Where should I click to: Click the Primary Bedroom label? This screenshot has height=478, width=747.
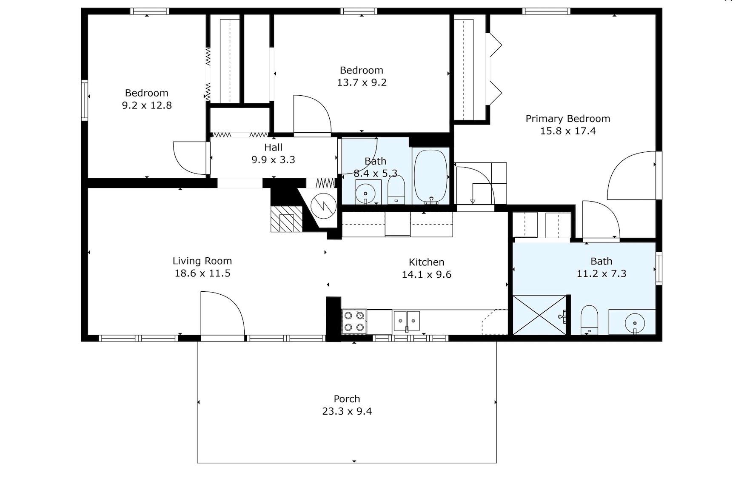tap(567, 119)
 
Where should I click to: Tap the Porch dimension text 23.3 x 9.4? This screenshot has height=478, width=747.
tap(347, 411)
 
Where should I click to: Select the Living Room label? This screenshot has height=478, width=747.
tap(202, 261)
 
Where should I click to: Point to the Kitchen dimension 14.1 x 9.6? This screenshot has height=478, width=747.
tap(427, 275)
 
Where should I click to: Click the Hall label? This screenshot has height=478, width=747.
tap(273, 148)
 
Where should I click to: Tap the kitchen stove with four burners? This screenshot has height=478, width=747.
tap(354, 322)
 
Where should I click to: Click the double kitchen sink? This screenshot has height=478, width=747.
tap(407, 321)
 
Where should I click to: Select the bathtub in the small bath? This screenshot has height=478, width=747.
tap(431, 177)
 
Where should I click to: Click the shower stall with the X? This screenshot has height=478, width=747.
tap(540, 315)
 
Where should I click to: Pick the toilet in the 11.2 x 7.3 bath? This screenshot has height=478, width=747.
tap(589, 319)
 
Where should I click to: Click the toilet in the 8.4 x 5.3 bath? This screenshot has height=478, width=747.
tap(396, 190)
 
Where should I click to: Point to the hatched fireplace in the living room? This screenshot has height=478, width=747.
tap(286, 219)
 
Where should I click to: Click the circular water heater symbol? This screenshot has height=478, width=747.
tap(324, 206)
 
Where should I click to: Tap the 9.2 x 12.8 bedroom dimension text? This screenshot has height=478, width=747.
tap(147, 105)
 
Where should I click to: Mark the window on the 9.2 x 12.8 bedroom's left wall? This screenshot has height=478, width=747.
tap(85, 100)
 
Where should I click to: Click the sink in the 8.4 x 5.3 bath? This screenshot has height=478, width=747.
tap(365, 192)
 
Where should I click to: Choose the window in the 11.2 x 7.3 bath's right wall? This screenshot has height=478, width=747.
tap(659, 268)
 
